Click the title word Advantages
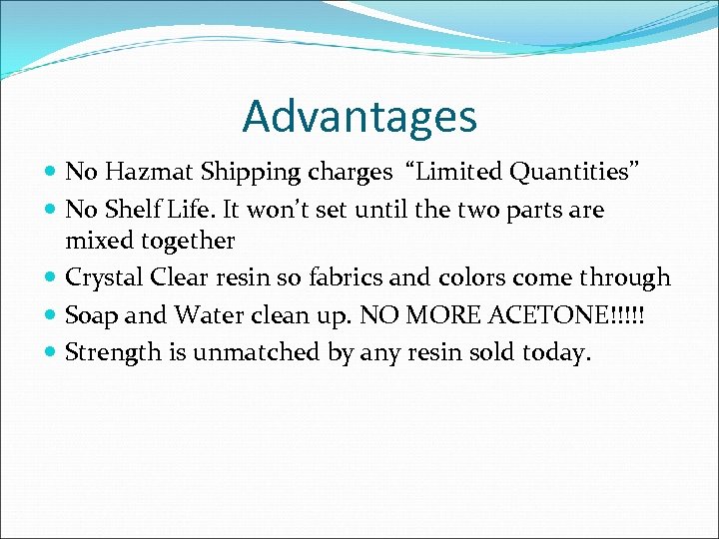point(359,117)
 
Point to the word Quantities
point(575,173)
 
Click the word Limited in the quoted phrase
point(463,173)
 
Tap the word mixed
point(98,241)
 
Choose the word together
point(185,242)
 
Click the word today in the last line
point(555,352)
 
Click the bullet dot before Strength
point(51,353)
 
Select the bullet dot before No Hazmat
point(51,174)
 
